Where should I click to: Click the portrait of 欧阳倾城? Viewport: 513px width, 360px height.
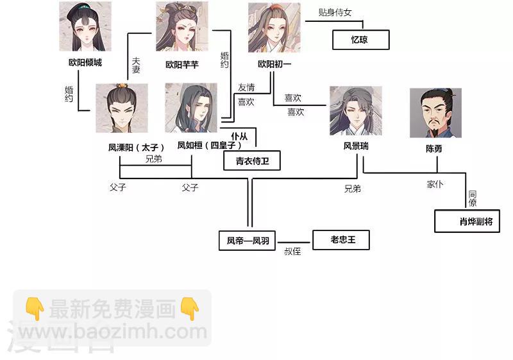click(85, 27)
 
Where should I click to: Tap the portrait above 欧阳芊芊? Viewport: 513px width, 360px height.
click(181, 27)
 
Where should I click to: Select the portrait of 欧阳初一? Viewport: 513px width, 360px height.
click(274, 28)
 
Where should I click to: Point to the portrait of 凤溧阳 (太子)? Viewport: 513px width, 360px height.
click(121, 108)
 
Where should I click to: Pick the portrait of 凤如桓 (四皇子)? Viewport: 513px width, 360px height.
click(191, 108)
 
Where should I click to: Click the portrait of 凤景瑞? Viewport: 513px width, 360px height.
click(355, 112)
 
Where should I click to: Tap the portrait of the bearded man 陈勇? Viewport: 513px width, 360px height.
click(435, 113)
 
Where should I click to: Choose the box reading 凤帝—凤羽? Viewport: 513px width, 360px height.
click(247, 241)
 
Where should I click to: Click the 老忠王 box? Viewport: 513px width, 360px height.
click(342, 241)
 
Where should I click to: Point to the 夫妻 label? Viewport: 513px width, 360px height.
click(135, 65)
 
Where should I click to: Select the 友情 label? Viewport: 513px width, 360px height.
click(246, 87)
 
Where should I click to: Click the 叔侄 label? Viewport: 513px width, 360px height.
click(292, 251)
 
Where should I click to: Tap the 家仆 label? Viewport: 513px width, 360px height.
click(435, 184)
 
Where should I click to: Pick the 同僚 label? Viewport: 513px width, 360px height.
click(472, 198)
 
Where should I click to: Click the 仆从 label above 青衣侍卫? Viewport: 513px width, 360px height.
click(239, 136)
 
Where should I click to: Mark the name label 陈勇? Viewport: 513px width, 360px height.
click(434, 148)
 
